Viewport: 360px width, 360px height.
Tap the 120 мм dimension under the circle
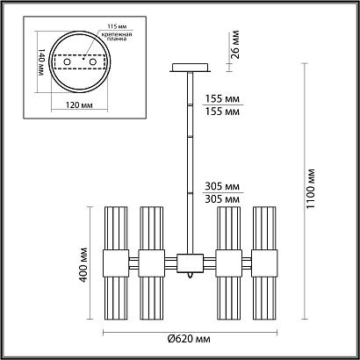tap(80, 104)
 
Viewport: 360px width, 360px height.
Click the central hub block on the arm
tap(187, 261)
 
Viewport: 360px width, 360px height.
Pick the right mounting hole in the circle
tap(89, 64)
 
